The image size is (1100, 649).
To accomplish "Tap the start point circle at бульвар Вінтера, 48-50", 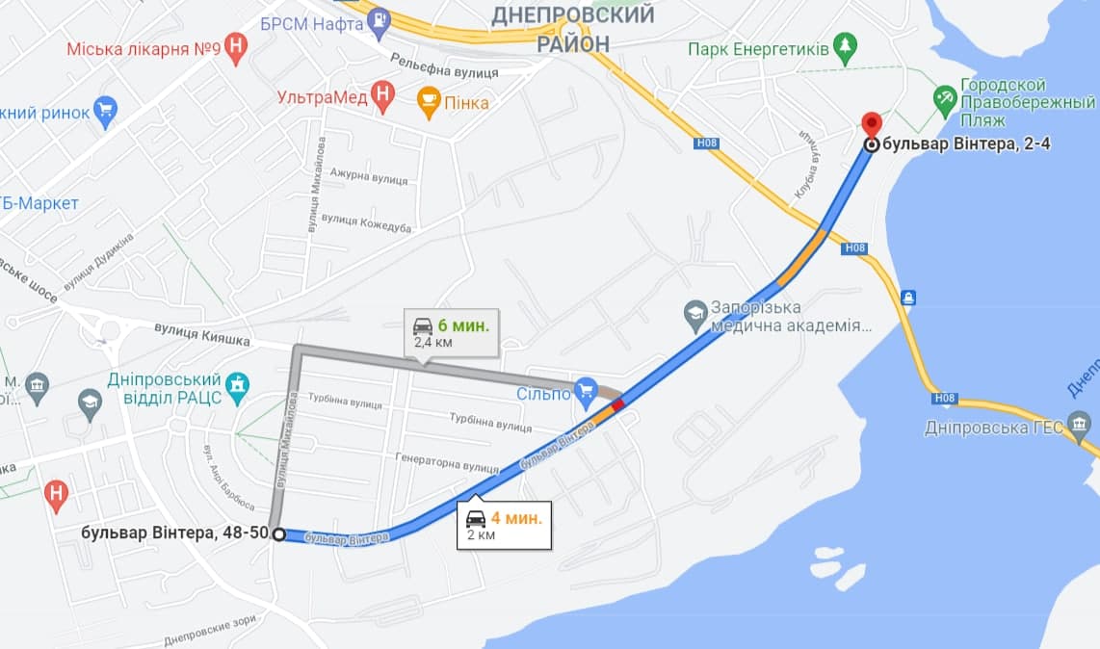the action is coord(278,534).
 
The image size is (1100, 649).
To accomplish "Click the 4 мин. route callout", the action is coord(504,525).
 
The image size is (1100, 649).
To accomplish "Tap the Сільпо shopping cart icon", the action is coord(586,391).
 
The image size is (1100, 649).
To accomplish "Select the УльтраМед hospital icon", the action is coord(383,96).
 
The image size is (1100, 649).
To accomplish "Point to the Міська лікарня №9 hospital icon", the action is coord(236,48).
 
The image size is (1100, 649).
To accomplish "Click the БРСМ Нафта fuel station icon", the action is coord(381,18).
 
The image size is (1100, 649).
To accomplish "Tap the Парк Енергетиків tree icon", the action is coord(845,48).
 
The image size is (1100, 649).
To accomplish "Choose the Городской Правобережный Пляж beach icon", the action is coord(945,97).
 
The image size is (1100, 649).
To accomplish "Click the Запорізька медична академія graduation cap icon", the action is coord(695,313).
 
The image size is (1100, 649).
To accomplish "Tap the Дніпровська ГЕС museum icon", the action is coord(1081,427).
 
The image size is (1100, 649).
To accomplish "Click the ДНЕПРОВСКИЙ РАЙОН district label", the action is coord(572,29).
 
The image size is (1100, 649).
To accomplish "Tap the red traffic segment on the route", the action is coord(617,404).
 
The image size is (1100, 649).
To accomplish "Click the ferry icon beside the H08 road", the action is coord(907,297).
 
